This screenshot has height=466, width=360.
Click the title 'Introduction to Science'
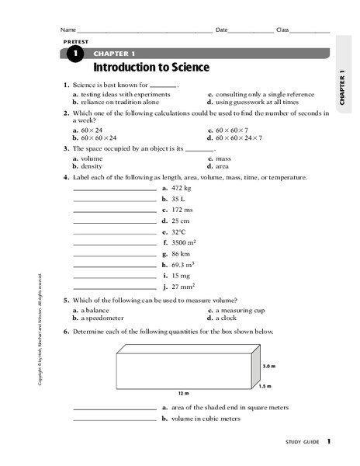[x=151, y=68]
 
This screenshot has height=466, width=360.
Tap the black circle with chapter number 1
[x=74, y=54]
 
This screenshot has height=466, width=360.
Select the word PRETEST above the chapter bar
[x=75, y=40]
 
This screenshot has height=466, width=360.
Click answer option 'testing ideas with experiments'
[x=118, y=94]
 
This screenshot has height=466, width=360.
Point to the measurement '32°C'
[x=179, y=231]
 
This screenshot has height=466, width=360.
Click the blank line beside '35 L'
[x=115, y=200]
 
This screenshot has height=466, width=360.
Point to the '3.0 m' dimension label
[x=269, y=365]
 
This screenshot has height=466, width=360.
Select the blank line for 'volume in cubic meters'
[x=115, y=419]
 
